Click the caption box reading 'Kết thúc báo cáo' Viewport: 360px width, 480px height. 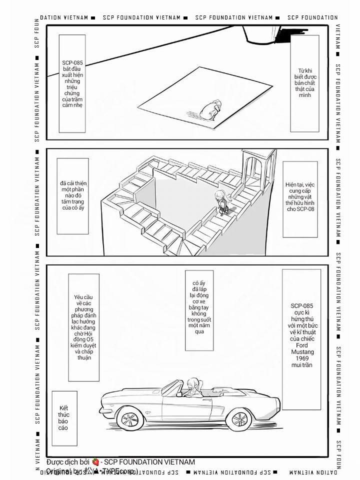coord(63,418)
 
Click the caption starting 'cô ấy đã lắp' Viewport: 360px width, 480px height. coord(199,310)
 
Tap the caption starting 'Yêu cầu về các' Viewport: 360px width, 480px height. coord(84,327)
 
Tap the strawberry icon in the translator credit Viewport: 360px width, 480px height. coord(95,462)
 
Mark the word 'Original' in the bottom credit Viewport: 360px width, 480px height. coord(59,471)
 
